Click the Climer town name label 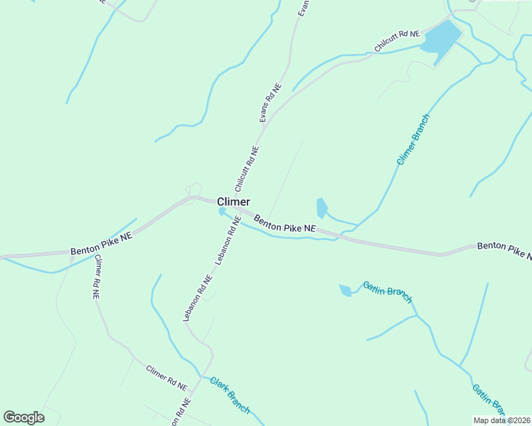(233, 202)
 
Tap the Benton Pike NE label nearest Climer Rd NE (102, 247)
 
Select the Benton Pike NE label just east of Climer (284, 224)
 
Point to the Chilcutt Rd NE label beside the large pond (398, 41)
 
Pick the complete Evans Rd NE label (270, 103)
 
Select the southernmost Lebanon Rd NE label (198, 298)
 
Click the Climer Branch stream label (413, 140)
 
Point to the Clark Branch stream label (230, 394)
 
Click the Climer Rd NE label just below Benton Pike (96, 278)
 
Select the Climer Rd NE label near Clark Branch (166, 378)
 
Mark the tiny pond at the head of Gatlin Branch (346, 290)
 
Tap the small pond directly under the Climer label (222, 212)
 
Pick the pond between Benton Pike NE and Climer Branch (321, 207)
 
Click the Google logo (23, 417)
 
